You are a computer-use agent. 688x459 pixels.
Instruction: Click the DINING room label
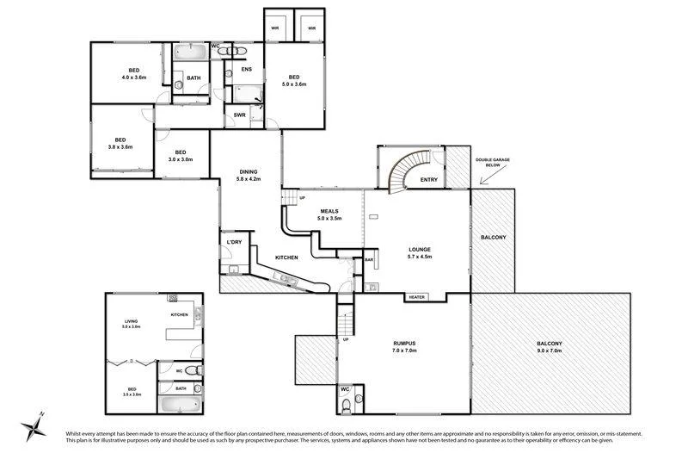(249, 171)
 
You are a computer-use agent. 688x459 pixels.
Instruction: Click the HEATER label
(418, 297)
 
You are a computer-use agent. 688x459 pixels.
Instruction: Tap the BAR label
(369, 258)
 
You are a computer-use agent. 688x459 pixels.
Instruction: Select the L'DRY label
(233, 243)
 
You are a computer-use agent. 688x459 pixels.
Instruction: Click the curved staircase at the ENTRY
(402, 171)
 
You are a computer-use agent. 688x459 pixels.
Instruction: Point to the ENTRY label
(428, 179)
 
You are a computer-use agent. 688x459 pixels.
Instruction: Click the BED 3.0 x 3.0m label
(180, 156)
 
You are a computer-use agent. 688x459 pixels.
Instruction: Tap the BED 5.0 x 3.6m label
(292, 79)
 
